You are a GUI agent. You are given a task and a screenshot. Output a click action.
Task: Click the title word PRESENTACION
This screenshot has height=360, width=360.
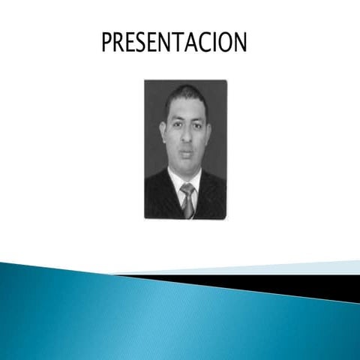pyautogui.click(x=174, y=42)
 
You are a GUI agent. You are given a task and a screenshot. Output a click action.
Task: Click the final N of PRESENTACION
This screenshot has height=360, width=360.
pyautogui.click(x=238, y=42)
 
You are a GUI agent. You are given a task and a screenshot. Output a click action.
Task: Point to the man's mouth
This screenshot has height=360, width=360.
pyautogui.click(x=184, y=152)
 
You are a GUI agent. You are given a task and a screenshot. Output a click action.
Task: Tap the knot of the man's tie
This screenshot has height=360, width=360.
pyautogui.click(x=187, y=189)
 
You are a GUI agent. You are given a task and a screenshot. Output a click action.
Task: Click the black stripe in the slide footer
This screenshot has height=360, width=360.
pyautogui.click(x=300, y=283)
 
